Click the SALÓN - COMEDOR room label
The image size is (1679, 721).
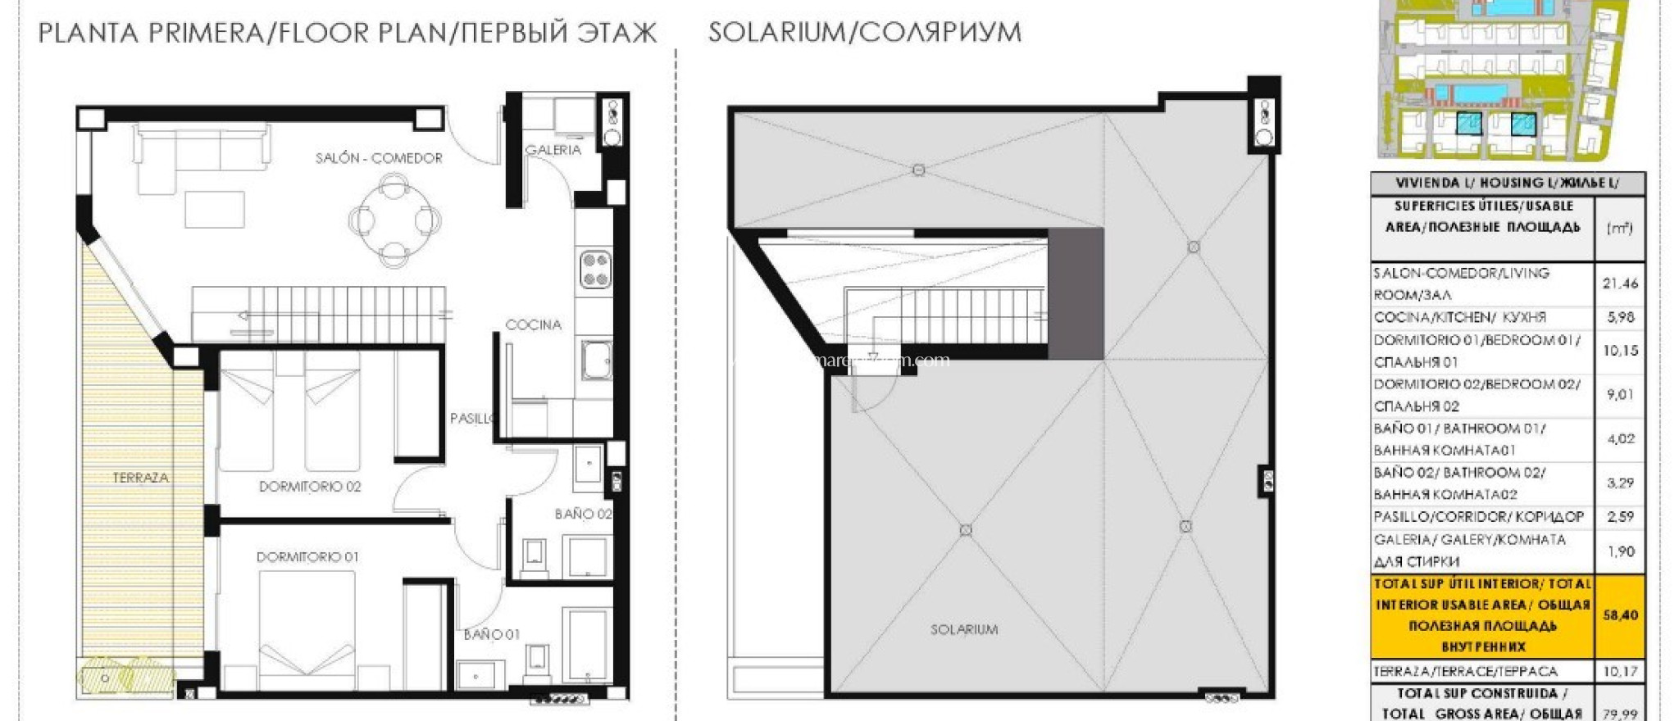point(379,158)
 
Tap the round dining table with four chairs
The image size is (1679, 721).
point(395,221)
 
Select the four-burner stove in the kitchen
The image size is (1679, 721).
point(595,270)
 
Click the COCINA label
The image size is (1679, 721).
point(533,325)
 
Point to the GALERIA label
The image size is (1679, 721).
point(553,150)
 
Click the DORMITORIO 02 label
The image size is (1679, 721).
point(310,487)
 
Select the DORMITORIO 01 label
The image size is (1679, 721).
point(307,557)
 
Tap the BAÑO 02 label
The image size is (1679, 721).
point(583,515)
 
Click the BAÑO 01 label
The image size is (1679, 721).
point(491,634)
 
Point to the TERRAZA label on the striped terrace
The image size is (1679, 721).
point(140,478)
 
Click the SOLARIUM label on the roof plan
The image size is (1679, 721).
point(964,630)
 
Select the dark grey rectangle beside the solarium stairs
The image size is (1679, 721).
point(1076,293)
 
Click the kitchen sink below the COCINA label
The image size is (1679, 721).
point(596,360)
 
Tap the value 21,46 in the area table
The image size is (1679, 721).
point(1620,283)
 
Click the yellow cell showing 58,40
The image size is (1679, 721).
point(1620,615)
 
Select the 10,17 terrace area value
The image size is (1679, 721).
point(1620,672)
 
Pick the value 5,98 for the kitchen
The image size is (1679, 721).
point(1620,317)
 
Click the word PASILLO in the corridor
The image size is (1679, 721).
point(471,419)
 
